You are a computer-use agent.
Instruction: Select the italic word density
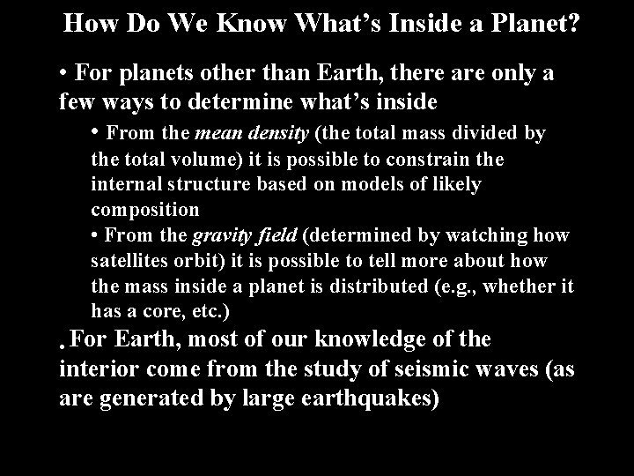(x=278, y=134)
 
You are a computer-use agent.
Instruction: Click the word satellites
(x=127, y=262)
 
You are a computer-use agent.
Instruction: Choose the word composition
(x=144, y=211)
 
